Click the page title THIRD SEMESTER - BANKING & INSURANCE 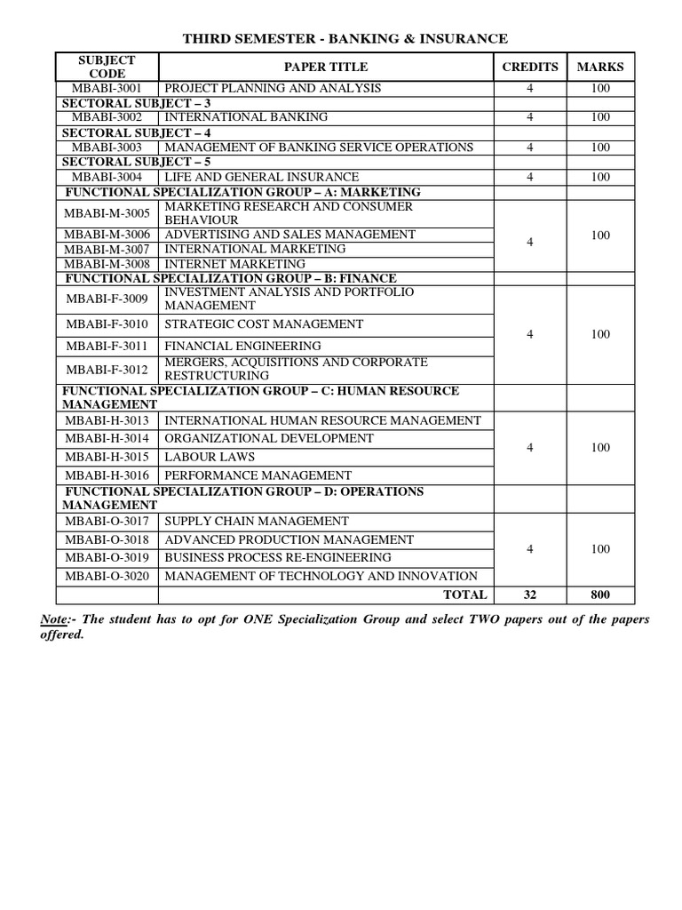345,38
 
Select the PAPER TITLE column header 325,67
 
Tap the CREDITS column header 530,67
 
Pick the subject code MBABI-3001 107,88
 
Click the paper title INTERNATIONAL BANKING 246,117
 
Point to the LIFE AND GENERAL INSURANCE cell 262,177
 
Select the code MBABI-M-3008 107,264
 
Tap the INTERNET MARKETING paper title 235,264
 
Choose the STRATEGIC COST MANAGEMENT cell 264,324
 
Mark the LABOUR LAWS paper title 210,457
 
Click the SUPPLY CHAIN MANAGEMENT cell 257,521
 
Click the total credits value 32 530,595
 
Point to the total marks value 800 600,595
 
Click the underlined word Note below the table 71,619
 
